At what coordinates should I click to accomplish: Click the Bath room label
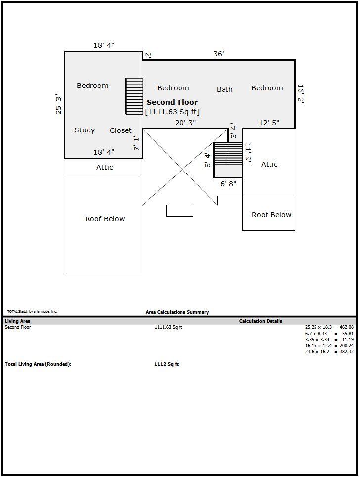[x=225, y=89]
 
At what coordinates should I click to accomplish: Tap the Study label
[x=85, y=130]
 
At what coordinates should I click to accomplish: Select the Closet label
[x=121, y=130]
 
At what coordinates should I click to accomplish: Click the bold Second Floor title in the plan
[x=172, y=102]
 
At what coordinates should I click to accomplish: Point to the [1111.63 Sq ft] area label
[x=172, y=112]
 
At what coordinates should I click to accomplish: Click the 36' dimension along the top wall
[x=219, y=54]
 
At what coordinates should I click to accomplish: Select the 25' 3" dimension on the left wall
[x=58, y=104]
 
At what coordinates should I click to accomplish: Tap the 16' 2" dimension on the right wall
[x=300, y=95]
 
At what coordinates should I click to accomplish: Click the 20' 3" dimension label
[x=185, y=122]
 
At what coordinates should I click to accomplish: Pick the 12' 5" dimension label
[x=269, y=122]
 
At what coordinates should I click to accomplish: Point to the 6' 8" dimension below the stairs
[x=228, y=184]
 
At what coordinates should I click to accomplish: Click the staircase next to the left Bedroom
[x=134, y=96]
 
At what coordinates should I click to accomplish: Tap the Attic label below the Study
[x=105, y=167]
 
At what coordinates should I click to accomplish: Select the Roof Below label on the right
[x=271, y=215]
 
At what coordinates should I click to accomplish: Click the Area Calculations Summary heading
[x=177, y=312]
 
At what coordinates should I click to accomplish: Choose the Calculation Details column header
[x=261, y=321]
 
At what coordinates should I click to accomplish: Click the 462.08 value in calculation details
[x=347, y=327]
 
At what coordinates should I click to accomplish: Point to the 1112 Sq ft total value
[x=167, y=364]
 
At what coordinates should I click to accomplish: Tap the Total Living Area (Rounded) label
[x=38, y=364]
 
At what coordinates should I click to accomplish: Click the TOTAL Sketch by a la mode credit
[x=32, y=311]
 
